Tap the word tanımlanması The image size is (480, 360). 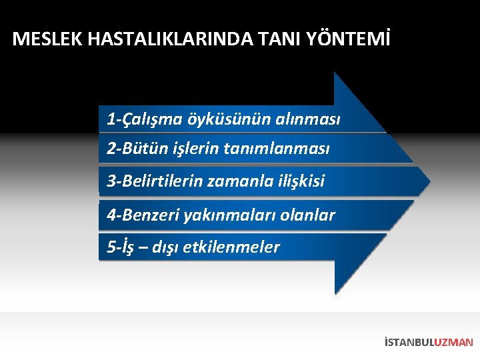pos(283,148)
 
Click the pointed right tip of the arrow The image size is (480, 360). pos(429,181)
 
